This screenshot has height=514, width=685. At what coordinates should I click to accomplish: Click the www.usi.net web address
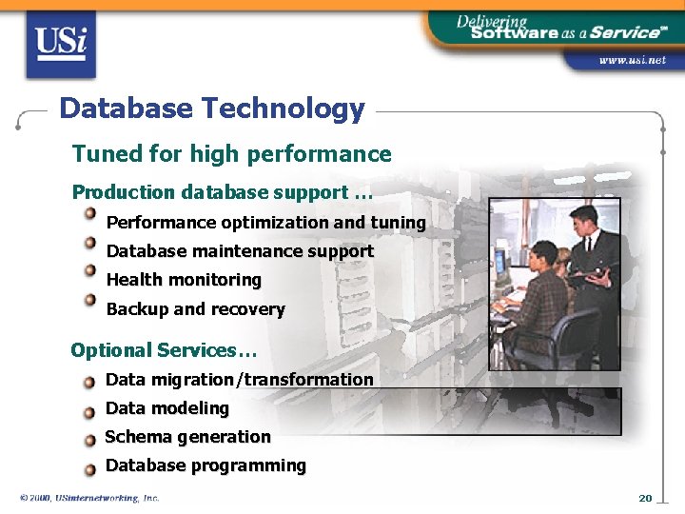[x=632, y=60]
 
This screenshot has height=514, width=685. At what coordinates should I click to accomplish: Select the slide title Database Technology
[x=211, y=109]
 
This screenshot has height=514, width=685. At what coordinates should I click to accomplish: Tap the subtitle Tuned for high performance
[x=231, y=154]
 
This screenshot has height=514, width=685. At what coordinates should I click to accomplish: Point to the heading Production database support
[x=222, y=192]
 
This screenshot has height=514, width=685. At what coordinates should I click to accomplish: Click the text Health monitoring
[x=184, y=280]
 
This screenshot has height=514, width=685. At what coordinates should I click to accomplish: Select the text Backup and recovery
[x=195, y=309]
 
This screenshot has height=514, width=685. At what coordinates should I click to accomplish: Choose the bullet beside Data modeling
[x=89, y=412]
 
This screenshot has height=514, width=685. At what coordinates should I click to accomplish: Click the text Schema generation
[x=187, y=437]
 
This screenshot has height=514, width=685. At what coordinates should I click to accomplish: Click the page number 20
[x=645, y=498]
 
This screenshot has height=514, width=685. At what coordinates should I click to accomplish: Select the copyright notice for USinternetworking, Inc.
[x=89, y=498]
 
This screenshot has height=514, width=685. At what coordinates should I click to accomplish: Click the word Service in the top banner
[x=623, y=32]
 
